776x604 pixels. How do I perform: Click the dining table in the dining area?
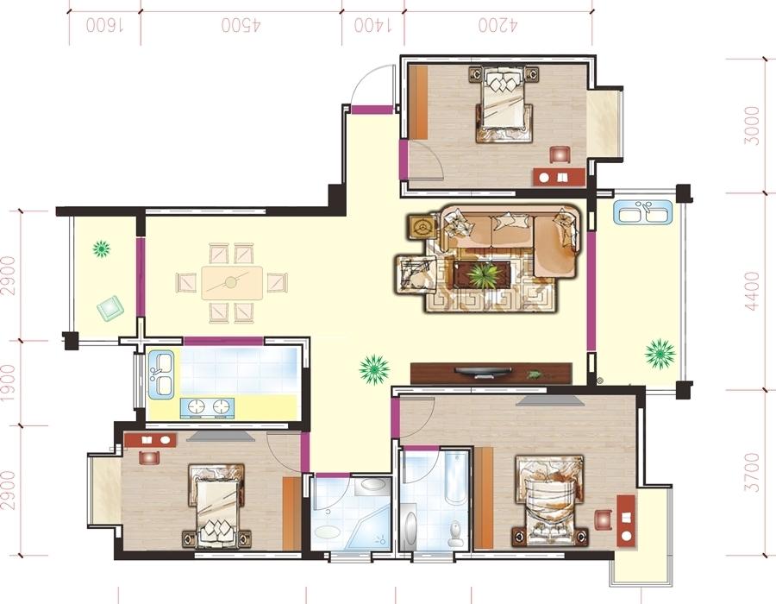(232, 283)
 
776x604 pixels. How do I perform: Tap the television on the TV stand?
(484, 371)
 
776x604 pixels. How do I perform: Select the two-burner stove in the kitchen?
(208, 407)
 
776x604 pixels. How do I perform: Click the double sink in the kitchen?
(161, 374)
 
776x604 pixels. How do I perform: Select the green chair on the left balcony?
(110, 310)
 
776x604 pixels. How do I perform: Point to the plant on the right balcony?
(660, 354)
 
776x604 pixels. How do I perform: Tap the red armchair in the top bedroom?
(560, 154)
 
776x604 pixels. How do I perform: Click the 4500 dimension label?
(241, 25)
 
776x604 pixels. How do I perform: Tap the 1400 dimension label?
(372, 25)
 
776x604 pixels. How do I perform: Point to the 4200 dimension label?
(498, 25)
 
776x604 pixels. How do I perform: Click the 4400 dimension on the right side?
(752, 291)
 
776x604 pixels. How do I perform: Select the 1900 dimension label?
(8, 382)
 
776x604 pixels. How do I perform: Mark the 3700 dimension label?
(752, 472)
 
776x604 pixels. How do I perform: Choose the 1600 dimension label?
(105, 25)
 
